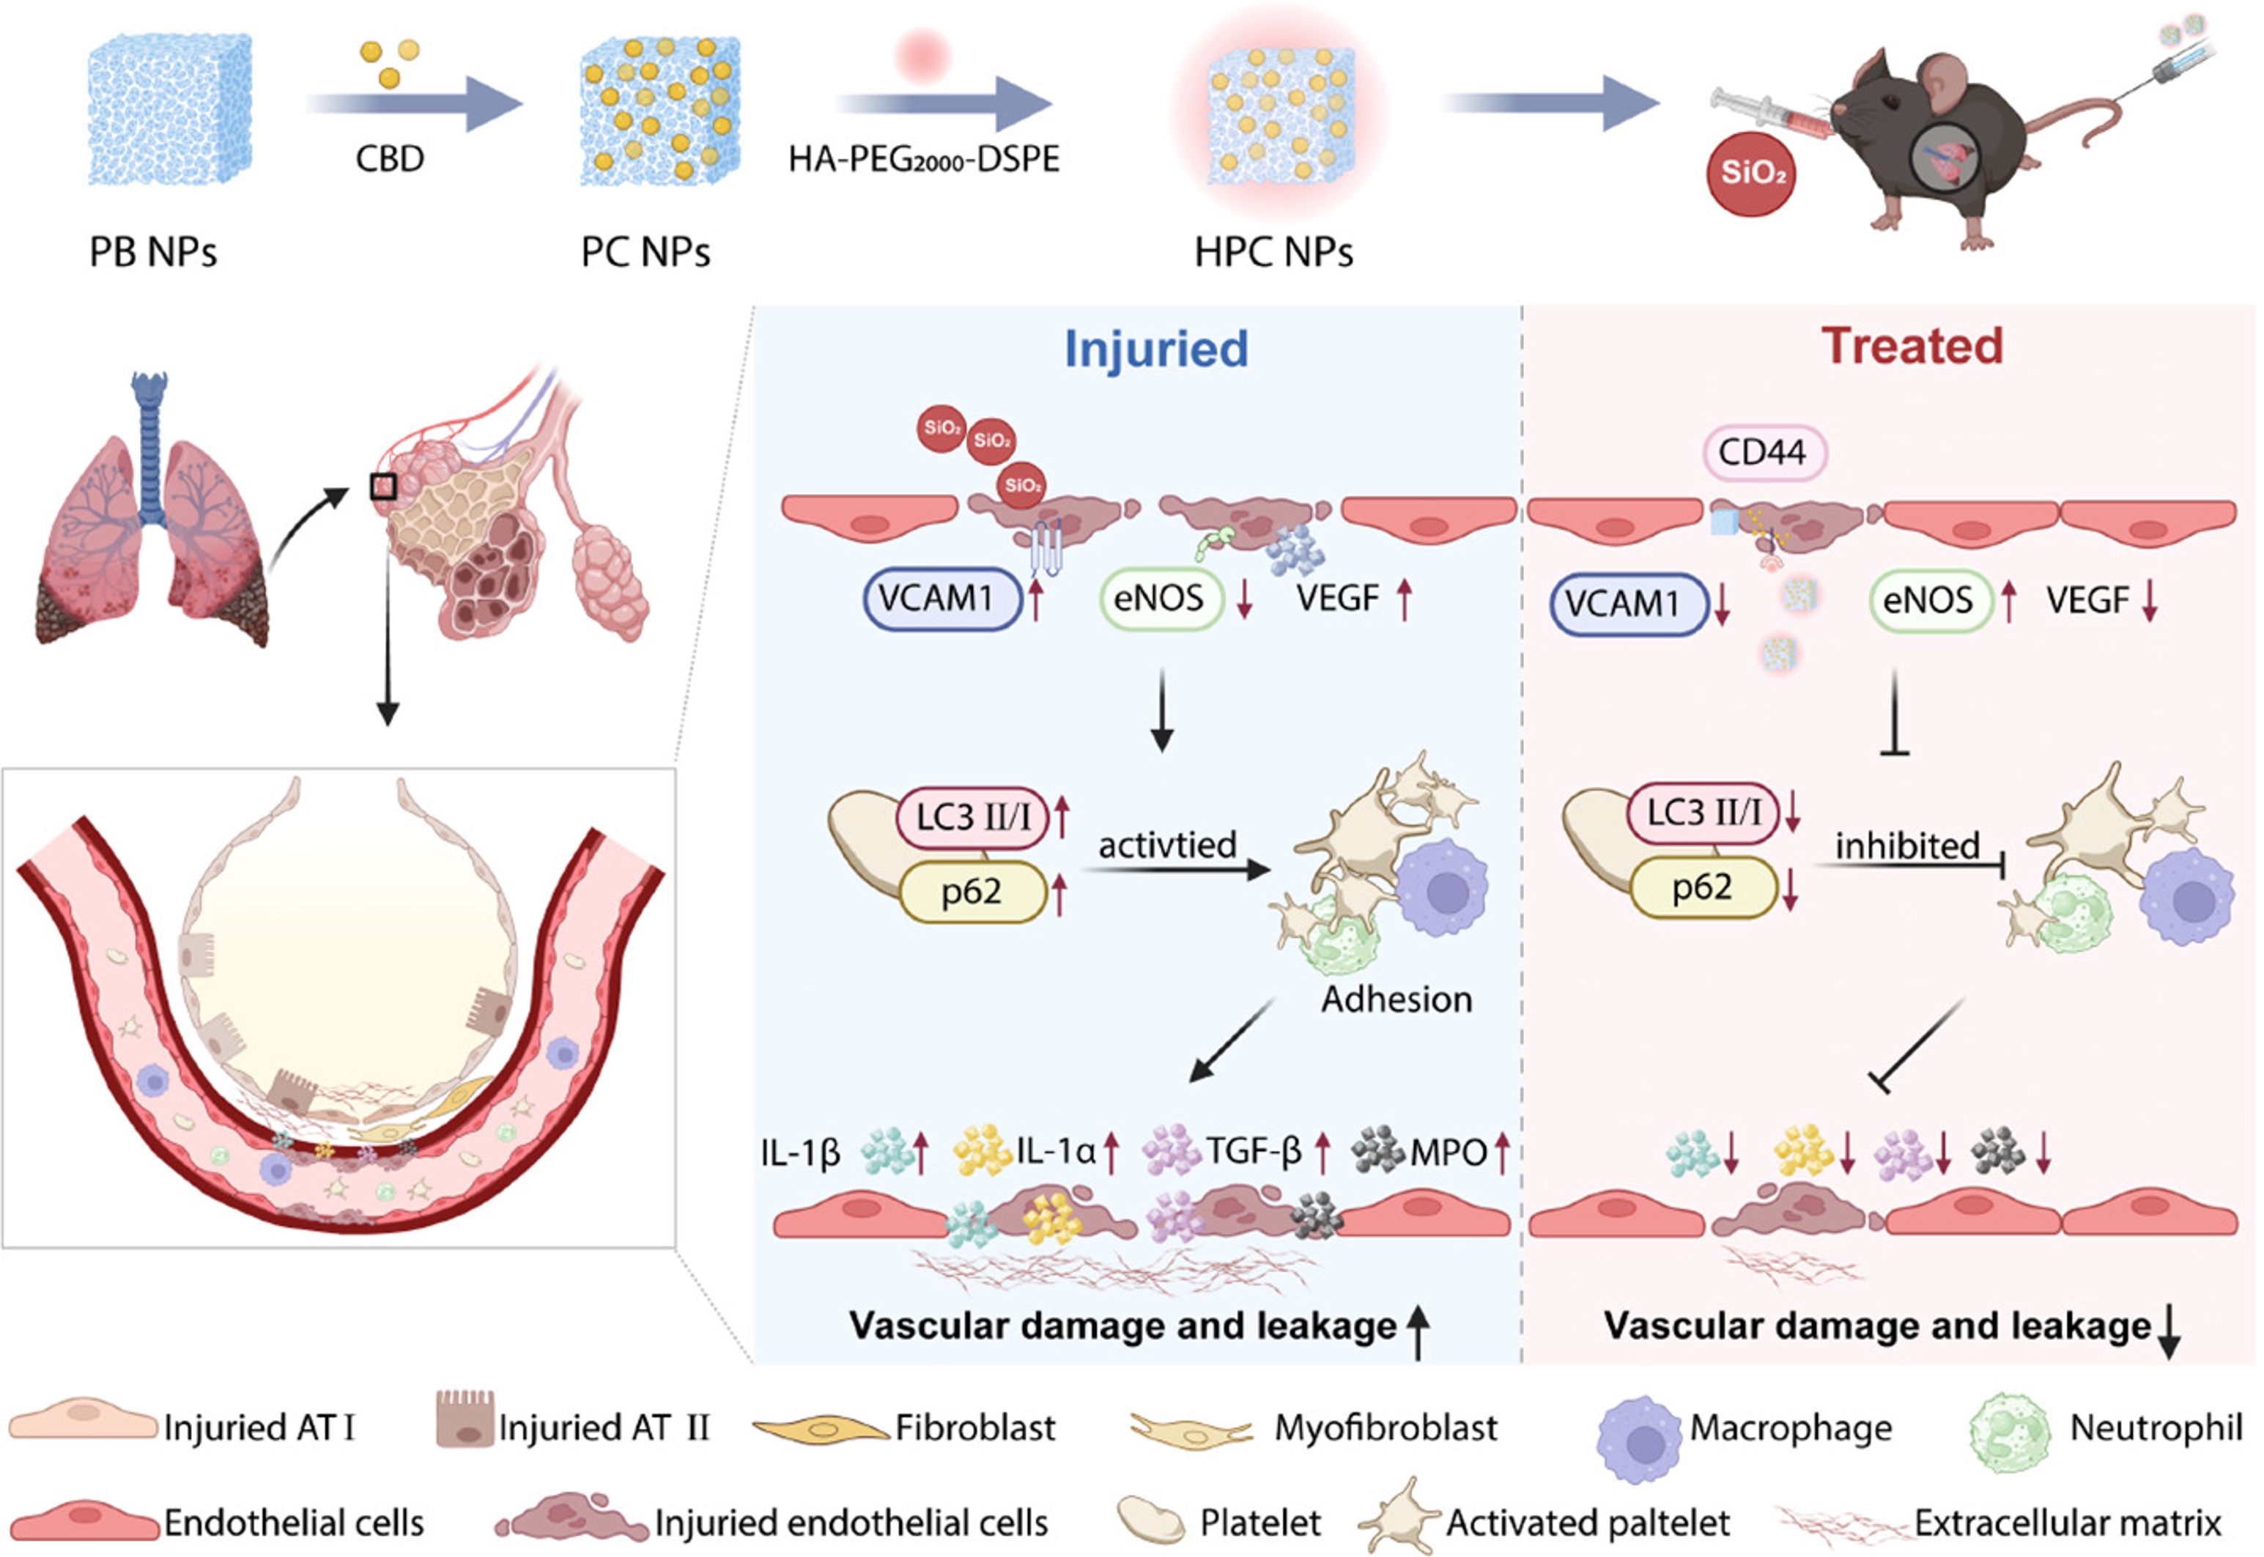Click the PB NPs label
(x=153, y=252)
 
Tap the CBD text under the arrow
(x=389, y=158)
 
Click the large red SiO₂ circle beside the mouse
(x=1752, y=173)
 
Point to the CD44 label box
(x=1763, y=453)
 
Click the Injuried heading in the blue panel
(x=1156, y=348)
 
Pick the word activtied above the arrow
(x=1166, y=844)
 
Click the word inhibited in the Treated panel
(x=1907, y=845)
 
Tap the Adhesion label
(x=1396, y=999)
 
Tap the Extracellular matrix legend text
(x=2067, y=1522)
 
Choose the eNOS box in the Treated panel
(x=1928, y=600)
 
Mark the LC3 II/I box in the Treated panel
(x=1704, y=813)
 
